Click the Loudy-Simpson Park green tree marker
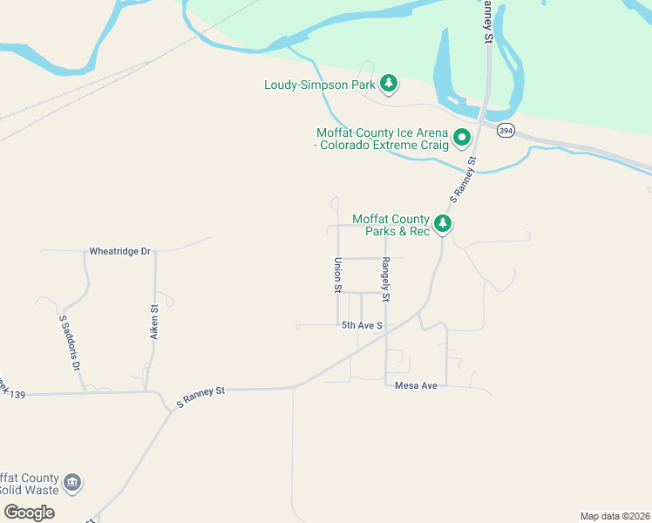(x=389, y=84)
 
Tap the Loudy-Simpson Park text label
(x=320, y=85)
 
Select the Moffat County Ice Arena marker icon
(x=462, y=138)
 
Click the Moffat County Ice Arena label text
(x=383, y=139)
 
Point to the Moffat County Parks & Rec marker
(x=444, y=224)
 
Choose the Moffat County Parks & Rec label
(x=391, y=225)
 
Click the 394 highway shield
(x=506, y=131)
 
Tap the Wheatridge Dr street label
(x=120, y=251)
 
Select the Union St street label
(x=337, y=275)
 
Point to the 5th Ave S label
(x=362, y=325)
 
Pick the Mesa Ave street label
(x=416, y=385)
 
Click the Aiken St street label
(x=154, y=320)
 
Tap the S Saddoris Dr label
(x=69, y=343)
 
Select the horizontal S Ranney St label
(x=200, y=391)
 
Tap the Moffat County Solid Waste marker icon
(x=73, y=482)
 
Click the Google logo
(x=29, y=512)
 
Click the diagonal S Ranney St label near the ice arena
(x=463, y=177)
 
